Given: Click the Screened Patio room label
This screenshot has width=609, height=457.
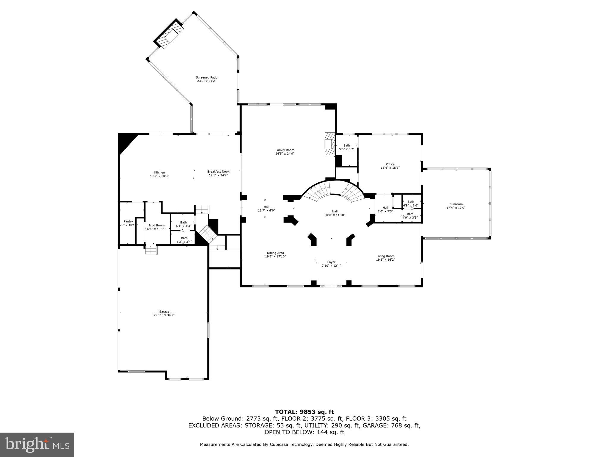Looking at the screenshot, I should tap(206, 77).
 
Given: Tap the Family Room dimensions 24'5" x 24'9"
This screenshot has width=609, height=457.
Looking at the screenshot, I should tap(285, 154).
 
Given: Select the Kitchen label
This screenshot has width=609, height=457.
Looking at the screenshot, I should tap(159, 173).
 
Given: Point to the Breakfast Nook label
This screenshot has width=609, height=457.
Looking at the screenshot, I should tap(218, 172).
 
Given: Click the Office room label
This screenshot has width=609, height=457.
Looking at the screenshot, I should tap(390, 164).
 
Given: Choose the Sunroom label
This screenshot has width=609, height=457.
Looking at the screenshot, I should tap(456, 204).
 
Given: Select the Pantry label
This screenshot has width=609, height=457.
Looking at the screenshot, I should tap(128, 221).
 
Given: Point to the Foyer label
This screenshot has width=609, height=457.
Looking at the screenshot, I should tap(331, 262).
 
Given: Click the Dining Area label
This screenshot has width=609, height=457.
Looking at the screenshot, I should tap(275, 253).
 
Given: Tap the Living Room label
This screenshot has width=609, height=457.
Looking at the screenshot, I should tap(385, 256).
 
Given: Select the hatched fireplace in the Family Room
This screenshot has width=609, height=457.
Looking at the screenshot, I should tap(329, 144).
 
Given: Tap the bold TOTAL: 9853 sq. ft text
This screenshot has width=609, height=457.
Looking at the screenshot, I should tap(304, 412).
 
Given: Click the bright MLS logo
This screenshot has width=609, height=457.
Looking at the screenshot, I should tap(37, 445).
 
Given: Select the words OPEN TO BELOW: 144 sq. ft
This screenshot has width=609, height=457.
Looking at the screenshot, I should tap(304, 432).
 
